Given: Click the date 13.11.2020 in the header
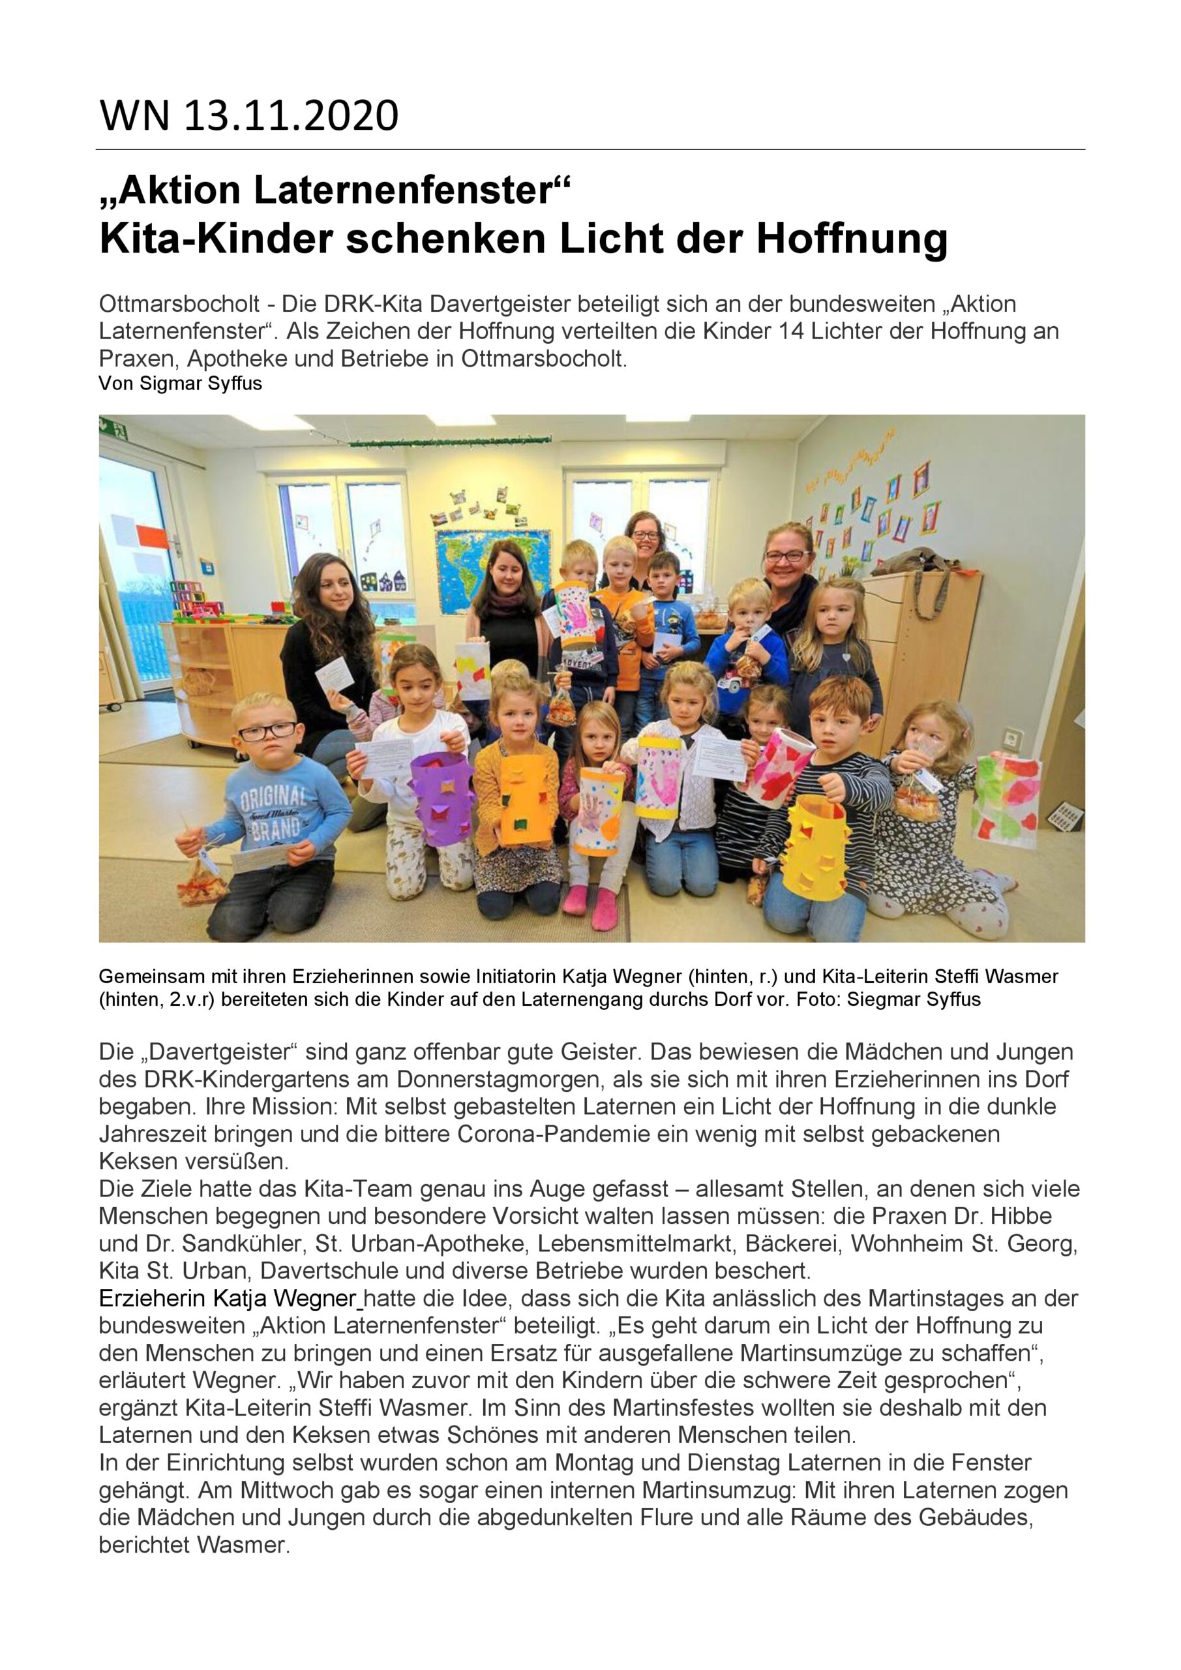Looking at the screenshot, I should pos(291,116).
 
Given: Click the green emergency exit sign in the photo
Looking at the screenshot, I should pos(113,429).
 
